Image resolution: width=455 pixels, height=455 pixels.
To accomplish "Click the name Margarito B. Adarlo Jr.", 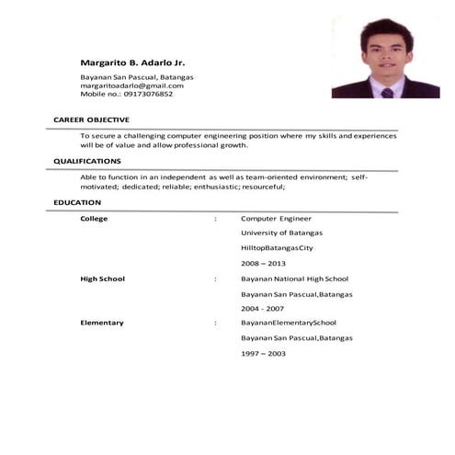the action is (133, 62).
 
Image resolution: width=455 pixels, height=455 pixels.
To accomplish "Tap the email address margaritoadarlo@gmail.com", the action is (132, 85).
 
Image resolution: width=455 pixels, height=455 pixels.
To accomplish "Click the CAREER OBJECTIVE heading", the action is (91, 120).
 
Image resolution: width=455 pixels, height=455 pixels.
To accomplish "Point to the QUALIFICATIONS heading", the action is (87, 161).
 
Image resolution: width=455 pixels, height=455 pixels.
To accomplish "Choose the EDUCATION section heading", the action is (77, 202).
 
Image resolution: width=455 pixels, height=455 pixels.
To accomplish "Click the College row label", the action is (94, 219).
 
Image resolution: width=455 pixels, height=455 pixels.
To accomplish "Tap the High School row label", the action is (102, 279).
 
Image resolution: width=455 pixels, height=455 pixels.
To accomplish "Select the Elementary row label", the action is (101, 323).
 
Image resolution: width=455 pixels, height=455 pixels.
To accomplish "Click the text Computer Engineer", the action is (276, 219).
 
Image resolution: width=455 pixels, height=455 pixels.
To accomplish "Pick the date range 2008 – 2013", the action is (263, 263).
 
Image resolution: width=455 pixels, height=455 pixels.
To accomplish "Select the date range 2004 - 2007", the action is (263, 309).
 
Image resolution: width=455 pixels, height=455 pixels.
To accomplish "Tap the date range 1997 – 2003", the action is (263, 353).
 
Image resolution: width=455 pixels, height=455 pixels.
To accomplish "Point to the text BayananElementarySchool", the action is (289, 323).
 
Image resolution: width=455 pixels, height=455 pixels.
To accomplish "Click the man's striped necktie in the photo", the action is (387, 91).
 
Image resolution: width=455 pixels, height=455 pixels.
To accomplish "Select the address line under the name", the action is (137, 77).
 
